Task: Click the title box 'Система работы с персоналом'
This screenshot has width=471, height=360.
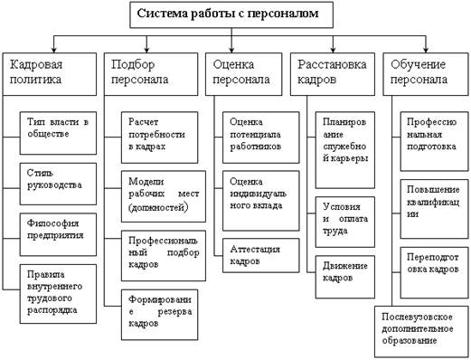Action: coord(231,14)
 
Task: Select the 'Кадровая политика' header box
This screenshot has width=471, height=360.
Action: coord(50,74)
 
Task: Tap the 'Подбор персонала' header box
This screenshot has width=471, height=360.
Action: coord(151,74)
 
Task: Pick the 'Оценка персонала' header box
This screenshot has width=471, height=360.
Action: coord(244,74)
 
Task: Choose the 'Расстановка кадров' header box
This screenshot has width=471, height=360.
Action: coord(333,74)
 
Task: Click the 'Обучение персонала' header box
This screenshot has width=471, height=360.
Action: coord(426,74)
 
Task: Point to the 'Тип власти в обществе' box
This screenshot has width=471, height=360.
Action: coord(58,133)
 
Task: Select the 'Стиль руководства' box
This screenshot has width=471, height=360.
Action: coord(58,184)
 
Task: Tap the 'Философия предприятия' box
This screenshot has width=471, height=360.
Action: coord(58,234)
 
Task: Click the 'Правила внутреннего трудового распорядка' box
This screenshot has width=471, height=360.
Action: coord(58,294)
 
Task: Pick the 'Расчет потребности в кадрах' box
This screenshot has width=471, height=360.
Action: coord(160,137)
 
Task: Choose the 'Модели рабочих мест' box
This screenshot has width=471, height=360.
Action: coord(164,196)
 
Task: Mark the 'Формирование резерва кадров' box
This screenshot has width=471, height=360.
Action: coord(160,315)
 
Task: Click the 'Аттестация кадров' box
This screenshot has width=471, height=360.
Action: coord(261,255)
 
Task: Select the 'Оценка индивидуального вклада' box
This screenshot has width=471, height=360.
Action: coord(261,201)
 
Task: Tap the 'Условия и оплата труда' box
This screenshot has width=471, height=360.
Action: coord(345,222)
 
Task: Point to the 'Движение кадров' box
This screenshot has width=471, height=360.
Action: coord(345,277)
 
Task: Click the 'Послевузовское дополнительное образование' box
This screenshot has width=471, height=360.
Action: coord(422,332)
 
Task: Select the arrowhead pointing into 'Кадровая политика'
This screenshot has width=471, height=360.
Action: coord(54,50)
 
